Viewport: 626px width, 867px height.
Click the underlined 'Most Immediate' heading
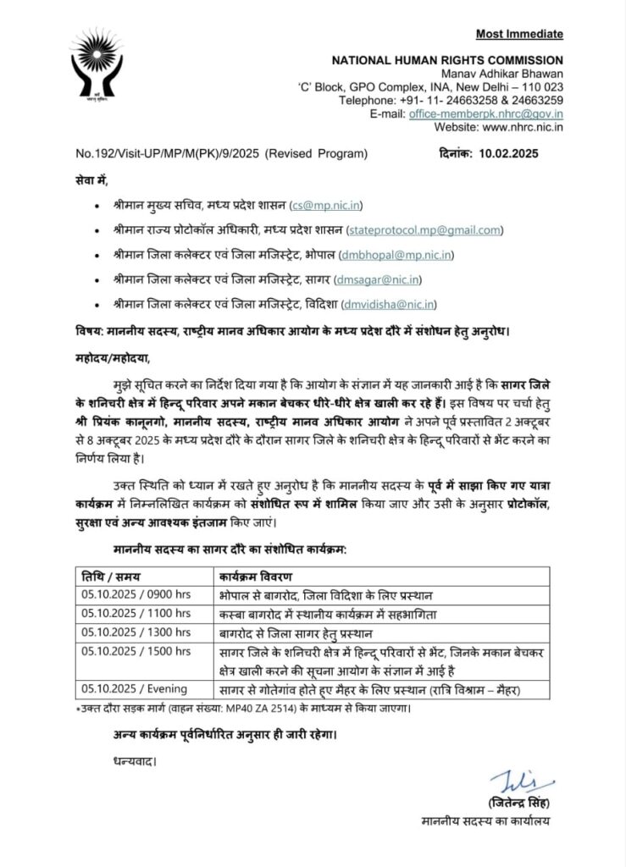pyautogui.click(x=518, y=34)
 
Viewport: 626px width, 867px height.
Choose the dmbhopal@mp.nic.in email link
pyautogui.click(x=396, y=254)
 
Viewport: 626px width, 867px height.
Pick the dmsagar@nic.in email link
pyautogui.click(x=383, y=279)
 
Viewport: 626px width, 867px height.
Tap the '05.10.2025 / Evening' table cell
pyautogui.click(x=131, y=688)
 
